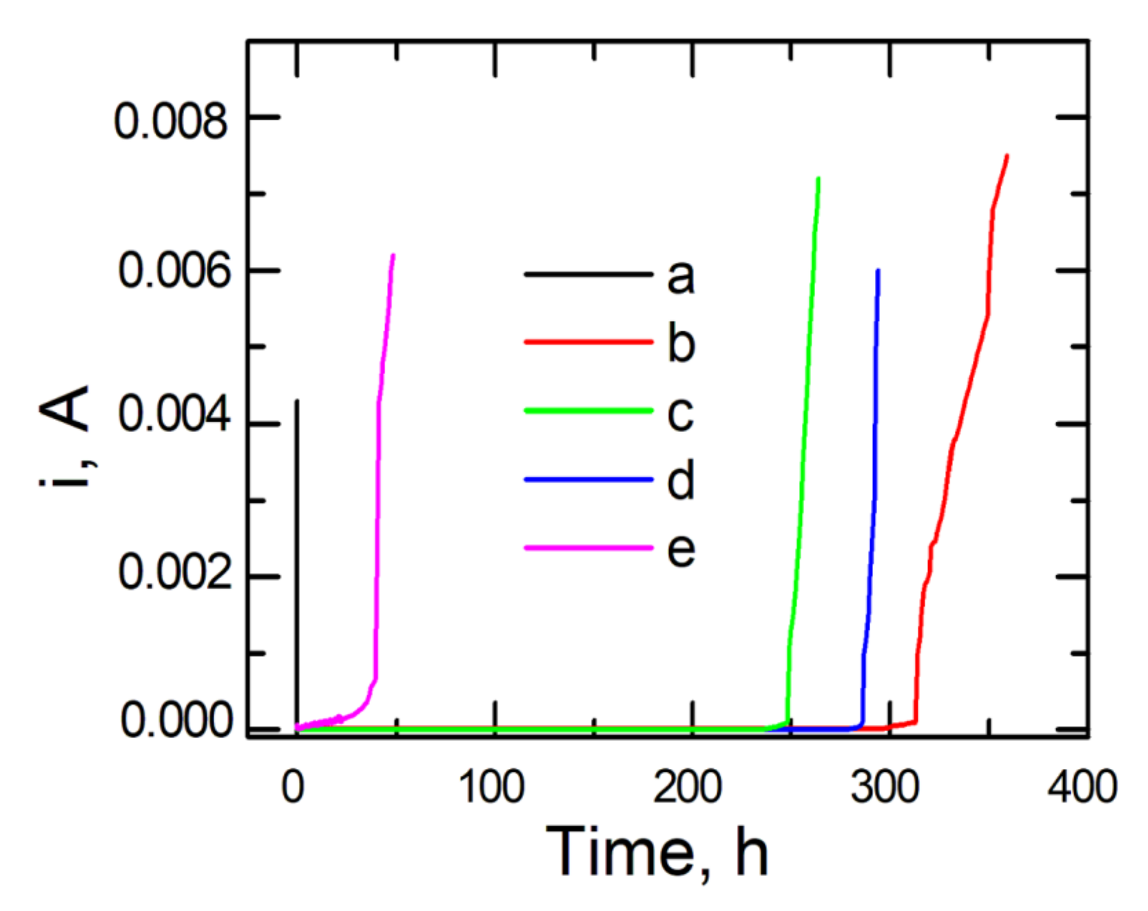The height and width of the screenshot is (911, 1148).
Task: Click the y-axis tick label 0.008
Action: (171, 122)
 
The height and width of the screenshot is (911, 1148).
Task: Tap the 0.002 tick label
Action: (174, 572)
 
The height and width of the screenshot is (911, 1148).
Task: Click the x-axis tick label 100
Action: (492, 787)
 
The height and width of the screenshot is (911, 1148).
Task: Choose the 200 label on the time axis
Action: (687, 787)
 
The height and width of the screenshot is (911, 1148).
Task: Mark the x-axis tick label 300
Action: (884, 787)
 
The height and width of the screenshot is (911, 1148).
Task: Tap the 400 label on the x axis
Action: (1082, 787)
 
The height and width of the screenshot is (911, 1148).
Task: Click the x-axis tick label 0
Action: (293, 787)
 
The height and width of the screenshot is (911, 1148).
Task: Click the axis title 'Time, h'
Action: (657, 852)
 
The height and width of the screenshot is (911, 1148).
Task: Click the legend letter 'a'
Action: (681, 277)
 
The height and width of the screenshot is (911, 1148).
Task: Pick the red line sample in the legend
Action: (588, 343)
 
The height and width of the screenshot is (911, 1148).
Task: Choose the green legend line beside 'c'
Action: (588, 411)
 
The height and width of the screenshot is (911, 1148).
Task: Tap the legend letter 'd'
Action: (681, 480)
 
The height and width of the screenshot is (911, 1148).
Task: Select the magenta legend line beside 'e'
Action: (588, 548)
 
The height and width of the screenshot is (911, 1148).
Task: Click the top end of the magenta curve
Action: (393, 256)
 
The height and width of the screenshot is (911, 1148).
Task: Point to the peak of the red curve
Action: (1007, 156)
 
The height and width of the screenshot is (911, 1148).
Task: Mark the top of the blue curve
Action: (878, 270)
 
